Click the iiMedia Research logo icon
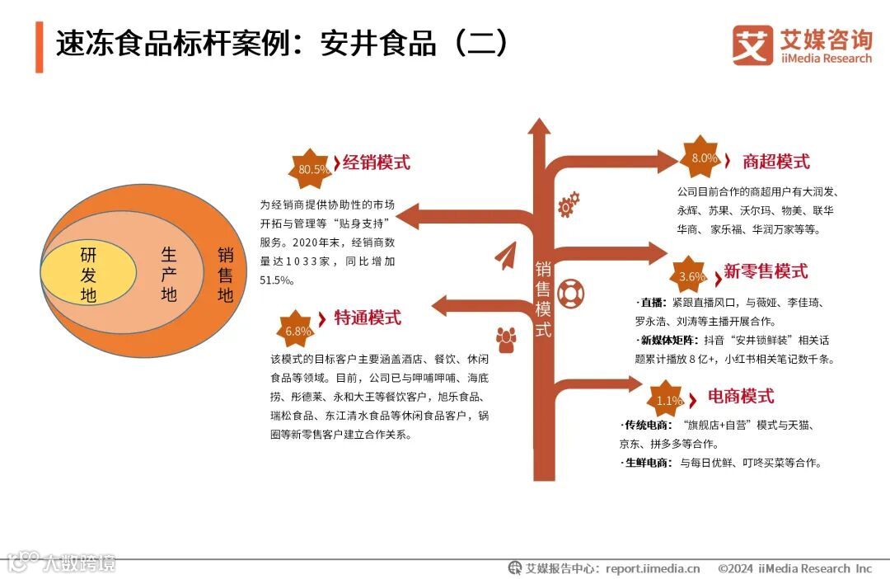752,45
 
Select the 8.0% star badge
703,158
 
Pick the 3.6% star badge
691,276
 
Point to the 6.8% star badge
297,331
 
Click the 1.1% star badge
668,401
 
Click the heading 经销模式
376,162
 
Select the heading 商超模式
775,161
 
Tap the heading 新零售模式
766,271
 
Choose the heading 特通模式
368,318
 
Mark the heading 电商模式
741,397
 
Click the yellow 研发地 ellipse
88,275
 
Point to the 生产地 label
169,274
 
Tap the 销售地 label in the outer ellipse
225,275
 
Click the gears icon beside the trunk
569,204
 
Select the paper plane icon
505,257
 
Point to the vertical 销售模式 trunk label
543,299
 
